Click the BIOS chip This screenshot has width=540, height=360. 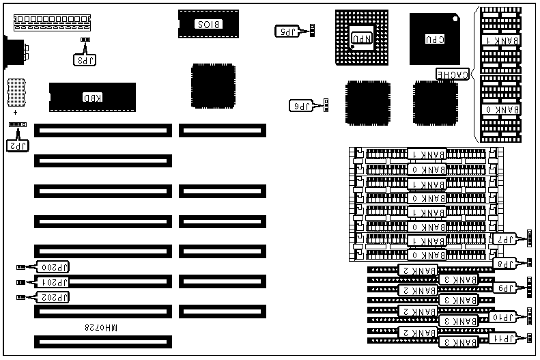208,25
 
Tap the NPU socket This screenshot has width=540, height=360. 362,38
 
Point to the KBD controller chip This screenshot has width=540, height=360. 92,98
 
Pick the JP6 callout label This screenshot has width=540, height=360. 302,105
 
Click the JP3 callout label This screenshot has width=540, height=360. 85,59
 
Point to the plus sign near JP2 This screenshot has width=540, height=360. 15,111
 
